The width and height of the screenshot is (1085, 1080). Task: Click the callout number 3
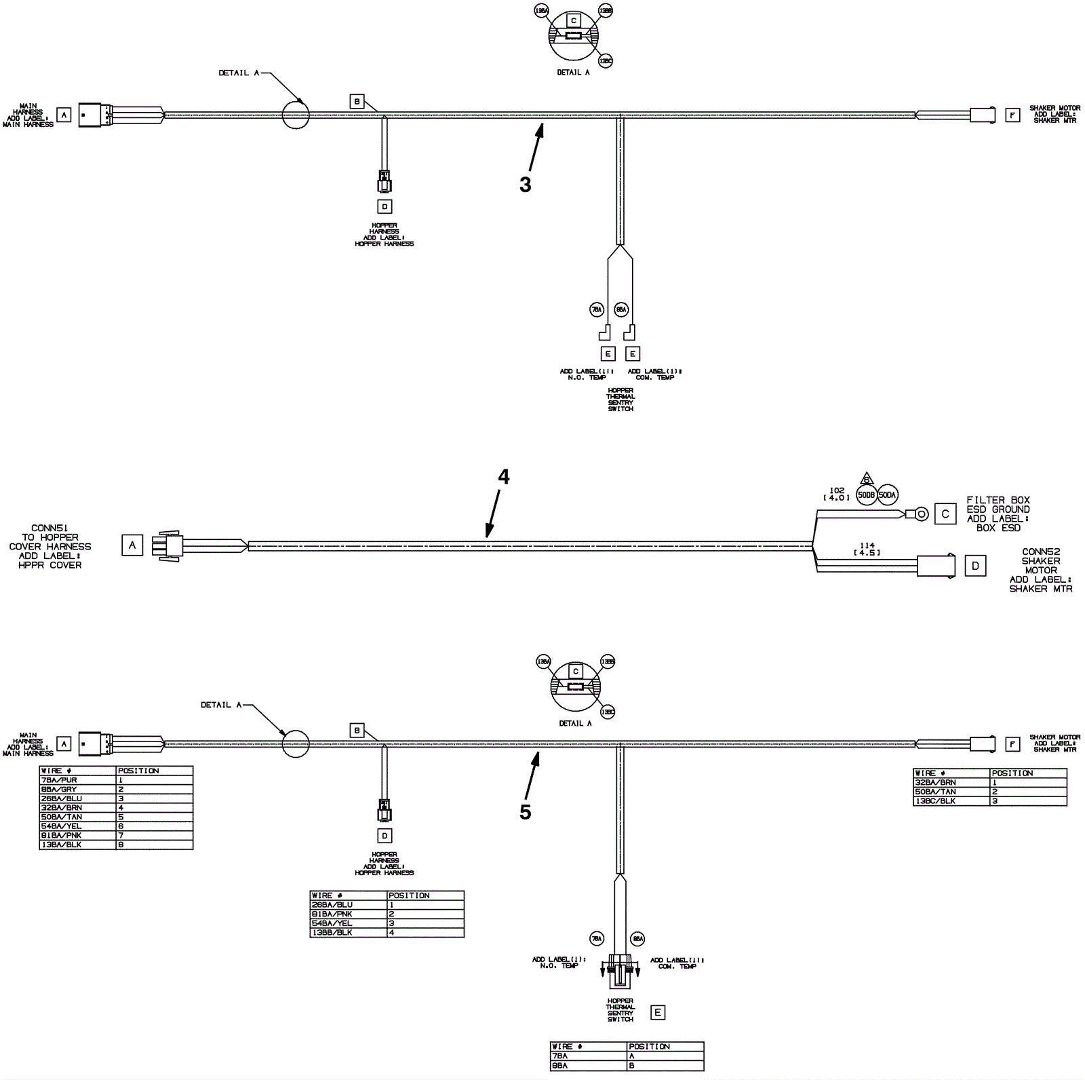pyautogui.click(x=525, y=185)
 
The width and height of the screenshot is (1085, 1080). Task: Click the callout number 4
pyautogui.click(x=503, y=477)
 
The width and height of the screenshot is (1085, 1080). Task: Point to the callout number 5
pyautogui.click(x=525, y=812)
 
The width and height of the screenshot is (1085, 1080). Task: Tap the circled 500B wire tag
pyautogui.click(x=866, y=495)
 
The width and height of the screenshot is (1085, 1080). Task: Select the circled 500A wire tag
pyautogui.click(x=887, y=495)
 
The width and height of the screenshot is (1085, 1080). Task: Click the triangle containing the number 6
pyautogui.click(x=866, y=478)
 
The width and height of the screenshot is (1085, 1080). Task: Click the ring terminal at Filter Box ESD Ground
pyautogui.click(x=920, y=514)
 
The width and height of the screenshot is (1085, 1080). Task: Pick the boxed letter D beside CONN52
pyautogui.click(x=975, y=566)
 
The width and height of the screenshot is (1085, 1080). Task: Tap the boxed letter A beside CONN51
pyautogui.click(x=132, y=545)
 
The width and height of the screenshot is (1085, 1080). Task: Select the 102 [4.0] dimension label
pyautogui.click(x=837, y=494)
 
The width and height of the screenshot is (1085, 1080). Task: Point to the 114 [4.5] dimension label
pyautogui.click(x=867, y=548)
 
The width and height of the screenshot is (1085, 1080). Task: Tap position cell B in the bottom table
pyautogui.click(x=665, y=1066)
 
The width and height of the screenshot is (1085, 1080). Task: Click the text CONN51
pyautogui.click(x=50, y=528)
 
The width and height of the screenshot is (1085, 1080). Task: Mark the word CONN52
pyautogui.click(x=1040, y=552)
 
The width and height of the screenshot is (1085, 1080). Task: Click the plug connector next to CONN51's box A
pyautogui.click(x=168, y=545)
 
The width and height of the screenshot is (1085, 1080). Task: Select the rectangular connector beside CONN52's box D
pyautogui.click(x=936, y=566)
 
